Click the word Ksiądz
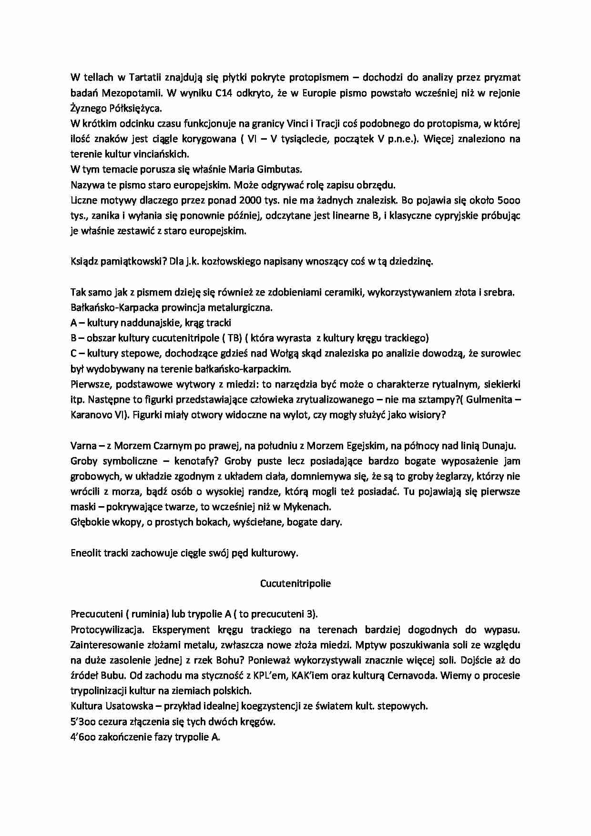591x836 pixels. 84,261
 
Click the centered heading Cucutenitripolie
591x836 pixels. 295,583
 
